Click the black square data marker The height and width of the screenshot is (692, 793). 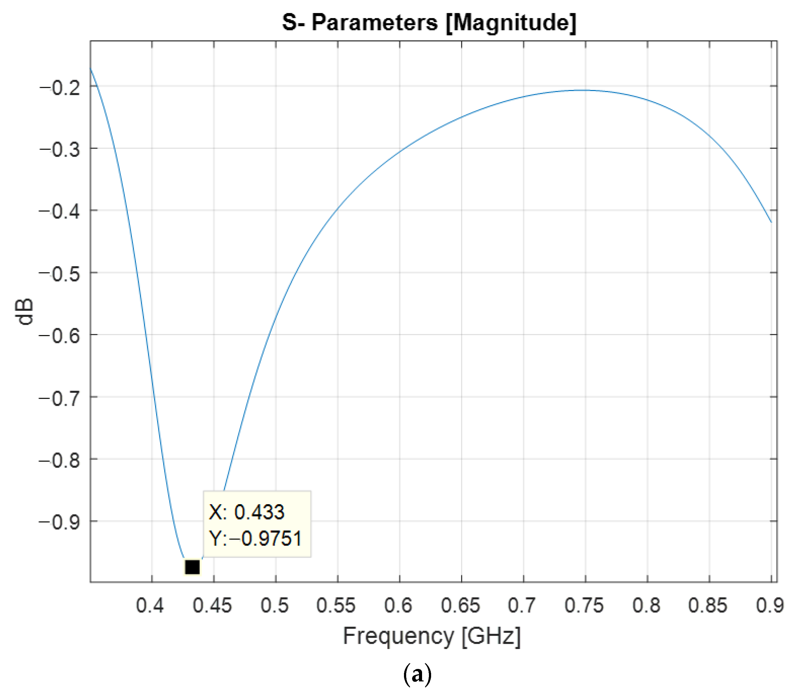coord(192,567)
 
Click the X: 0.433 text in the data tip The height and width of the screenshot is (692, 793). coord(247,512)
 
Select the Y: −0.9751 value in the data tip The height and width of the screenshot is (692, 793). coord(255,538)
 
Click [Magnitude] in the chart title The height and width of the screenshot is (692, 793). coord(511,22)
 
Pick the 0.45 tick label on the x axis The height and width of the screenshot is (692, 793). coord(212,605)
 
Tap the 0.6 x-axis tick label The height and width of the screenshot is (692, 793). coord(398,605)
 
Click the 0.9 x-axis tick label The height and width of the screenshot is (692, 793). coord(770,605)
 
